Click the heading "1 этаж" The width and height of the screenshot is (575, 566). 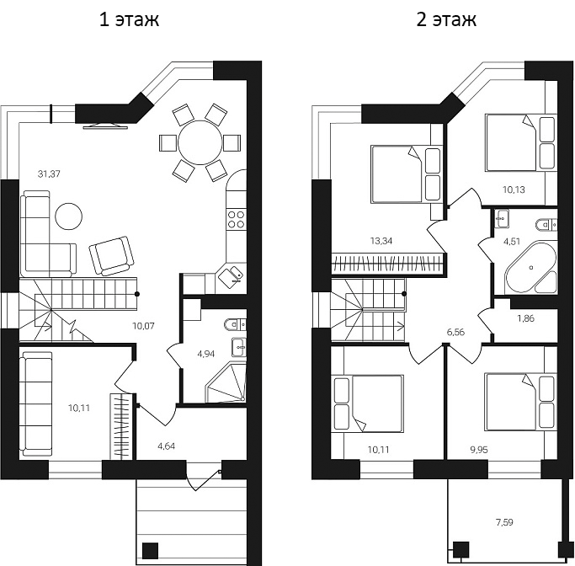click(129, 19)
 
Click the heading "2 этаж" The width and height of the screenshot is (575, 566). click(446, 19)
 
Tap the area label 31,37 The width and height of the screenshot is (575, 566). click(50, 174)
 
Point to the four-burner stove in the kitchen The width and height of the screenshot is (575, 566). click(236, 220)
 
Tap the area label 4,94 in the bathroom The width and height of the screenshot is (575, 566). click(205, 354)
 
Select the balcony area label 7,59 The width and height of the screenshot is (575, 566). click(505, 523)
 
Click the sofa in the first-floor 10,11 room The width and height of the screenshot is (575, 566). click(36, 404)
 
